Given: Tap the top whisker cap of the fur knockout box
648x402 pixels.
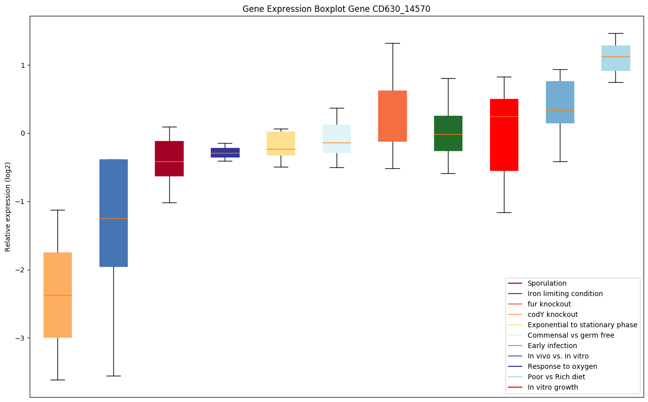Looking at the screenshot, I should click(x=393, y=43).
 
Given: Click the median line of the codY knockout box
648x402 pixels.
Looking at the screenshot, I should click(x=57, y=295).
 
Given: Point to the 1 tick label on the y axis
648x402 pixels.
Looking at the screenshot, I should click(x=22, y=65).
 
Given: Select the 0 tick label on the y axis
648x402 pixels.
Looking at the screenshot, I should click(x=22, y=134).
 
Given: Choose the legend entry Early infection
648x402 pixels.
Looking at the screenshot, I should click(x=552, y=346).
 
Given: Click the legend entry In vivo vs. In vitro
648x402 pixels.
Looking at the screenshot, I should click(x=558, y=356).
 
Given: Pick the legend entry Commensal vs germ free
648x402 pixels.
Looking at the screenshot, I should click(x=570, y=335).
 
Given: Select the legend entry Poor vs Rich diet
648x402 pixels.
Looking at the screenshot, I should click(x=556, y=377).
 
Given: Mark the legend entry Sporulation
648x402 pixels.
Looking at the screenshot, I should click(x=547, y=283).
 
